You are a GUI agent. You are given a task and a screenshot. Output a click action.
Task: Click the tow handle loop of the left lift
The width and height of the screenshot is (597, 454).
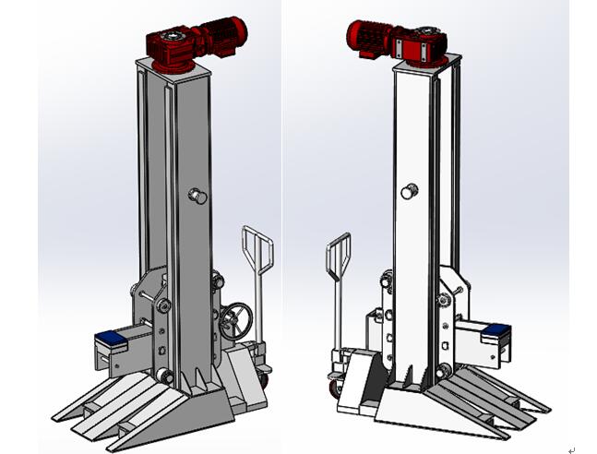257,249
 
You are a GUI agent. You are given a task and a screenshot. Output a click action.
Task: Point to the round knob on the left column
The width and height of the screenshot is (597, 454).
197,195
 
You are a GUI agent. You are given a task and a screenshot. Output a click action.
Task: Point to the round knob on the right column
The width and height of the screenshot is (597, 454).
408,191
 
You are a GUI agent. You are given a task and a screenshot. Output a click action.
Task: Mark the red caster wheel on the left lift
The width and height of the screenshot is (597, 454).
265,376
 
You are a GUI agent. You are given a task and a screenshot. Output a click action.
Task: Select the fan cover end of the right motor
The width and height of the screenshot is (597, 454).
355,37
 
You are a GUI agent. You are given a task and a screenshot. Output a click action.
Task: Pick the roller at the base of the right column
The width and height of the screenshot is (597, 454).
445,370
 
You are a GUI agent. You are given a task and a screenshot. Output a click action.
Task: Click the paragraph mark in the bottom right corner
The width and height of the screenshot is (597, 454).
572,449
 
